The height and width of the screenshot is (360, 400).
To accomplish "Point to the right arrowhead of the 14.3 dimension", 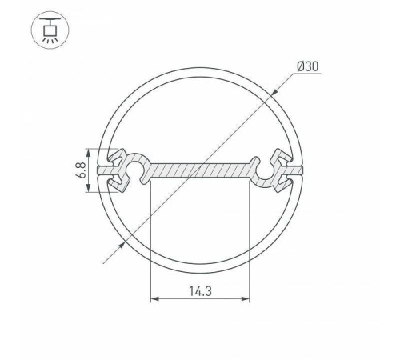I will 245,301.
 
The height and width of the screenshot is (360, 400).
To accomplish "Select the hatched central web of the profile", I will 200,170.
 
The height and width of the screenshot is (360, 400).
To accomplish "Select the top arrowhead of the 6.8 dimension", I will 87,153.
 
